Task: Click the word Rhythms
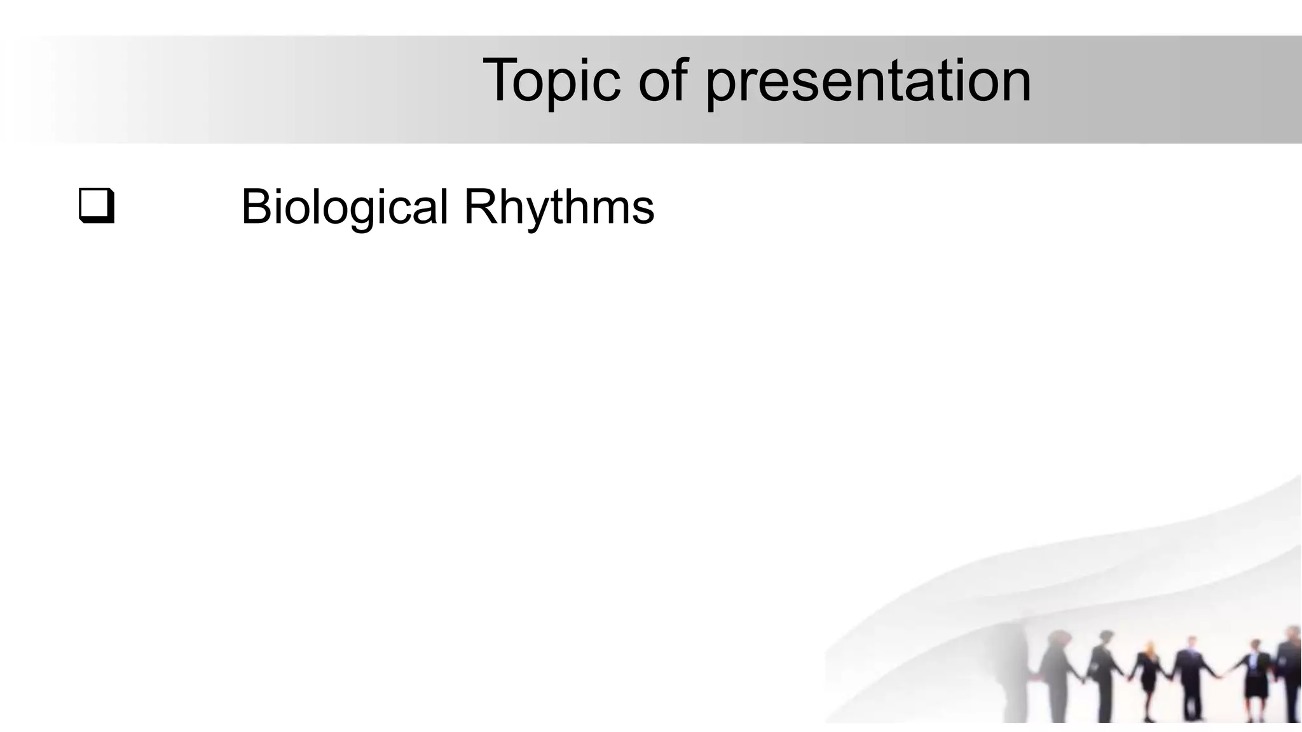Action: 559,207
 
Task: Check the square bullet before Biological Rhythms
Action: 97,206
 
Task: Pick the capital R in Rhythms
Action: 480,207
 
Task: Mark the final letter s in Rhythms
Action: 643,210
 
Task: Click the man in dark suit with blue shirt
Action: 1190,677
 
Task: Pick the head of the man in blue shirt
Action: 1191,642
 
